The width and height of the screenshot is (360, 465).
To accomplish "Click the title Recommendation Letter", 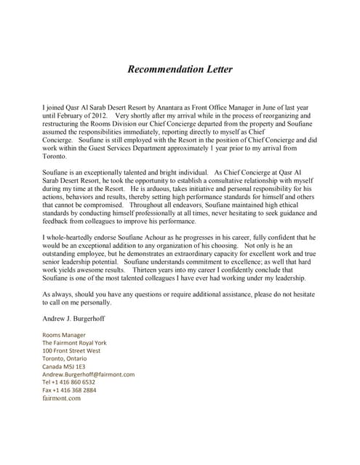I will [180, 70].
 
